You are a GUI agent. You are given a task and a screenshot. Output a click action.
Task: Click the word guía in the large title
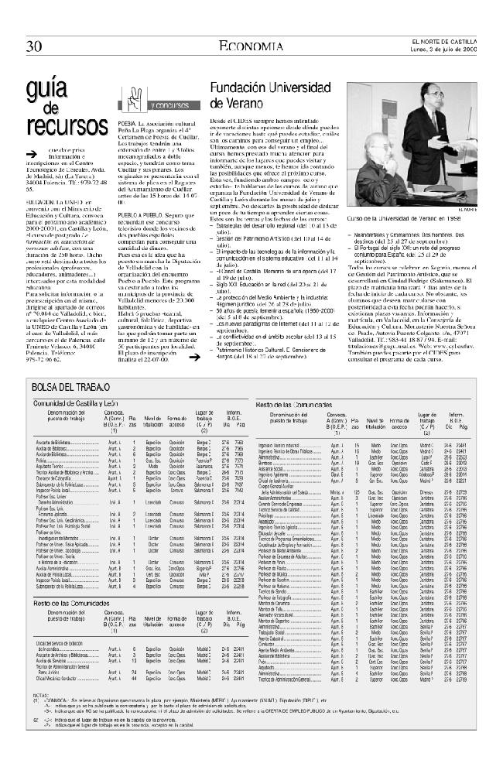click(x=45, y=90)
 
